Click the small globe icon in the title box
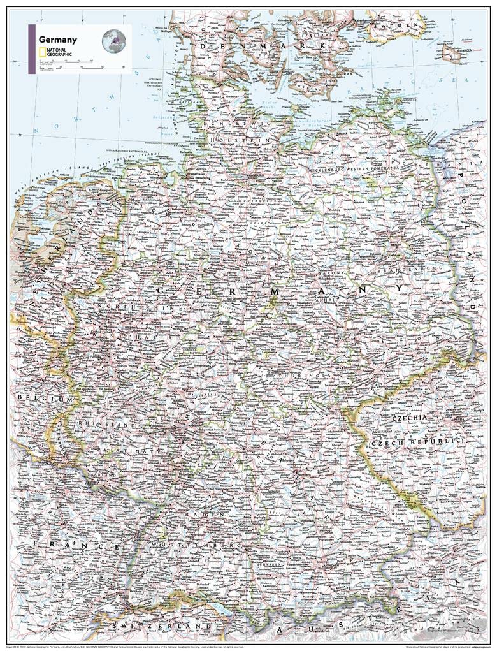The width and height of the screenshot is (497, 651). click(x=113, y=41)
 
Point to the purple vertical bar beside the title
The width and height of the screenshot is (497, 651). click(x=31, y=49)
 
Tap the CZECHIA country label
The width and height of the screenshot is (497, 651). click(x=414, y=418)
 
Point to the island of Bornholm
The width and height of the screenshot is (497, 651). click(x=451, y=52)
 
